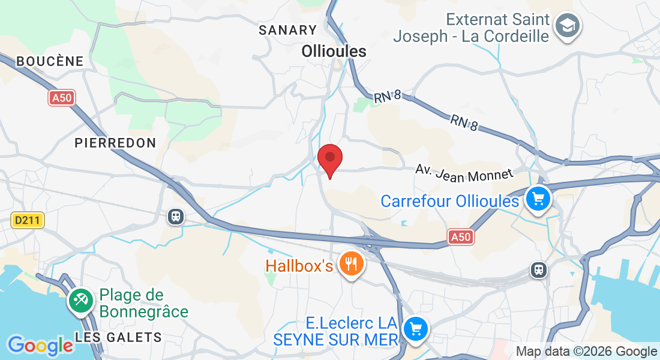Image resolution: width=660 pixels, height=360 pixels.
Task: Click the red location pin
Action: [x=329, y=160]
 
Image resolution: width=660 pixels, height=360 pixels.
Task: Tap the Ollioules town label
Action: [x=334, y=52]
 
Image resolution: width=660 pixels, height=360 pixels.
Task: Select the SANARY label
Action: [x=287, y=30]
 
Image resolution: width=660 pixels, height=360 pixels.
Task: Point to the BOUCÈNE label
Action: [x=50, y=61]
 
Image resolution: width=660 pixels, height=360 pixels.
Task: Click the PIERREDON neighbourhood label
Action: [x=115, y=143]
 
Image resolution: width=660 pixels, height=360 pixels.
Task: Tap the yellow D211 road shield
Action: [x=28, y=220]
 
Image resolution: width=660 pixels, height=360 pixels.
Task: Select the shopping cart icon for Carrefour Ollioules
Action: [x=538, y=198]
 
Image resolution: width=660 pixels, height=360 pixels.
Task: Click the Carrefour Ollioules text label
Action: [x=449, y=201]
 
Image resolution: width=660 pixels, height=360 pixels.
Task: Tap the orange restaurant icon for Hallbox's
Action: [x=351, y=263]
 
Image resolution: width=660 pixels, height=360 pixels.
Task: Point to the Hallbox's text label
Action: [x=299, y=265]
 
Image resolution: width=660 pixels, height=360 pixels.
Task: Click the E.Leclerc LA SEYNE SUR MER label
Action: [x=336, y=331]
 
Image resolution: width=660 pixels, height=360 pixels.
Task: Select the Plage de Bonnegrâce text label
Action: [x=144, y=304]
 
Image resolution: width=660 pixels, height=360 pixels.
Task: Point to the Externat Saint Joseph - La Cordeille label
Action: [x=472, y=28]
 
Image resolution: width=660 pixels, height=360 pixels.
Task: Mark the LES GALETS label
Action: [x=118, y=337]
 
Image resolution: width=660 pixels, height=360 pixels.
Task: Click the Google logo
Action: [x=40, y=346]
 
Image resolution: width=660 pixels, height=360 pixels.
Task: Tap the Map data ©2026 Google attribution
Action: [x=586, y=352]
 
